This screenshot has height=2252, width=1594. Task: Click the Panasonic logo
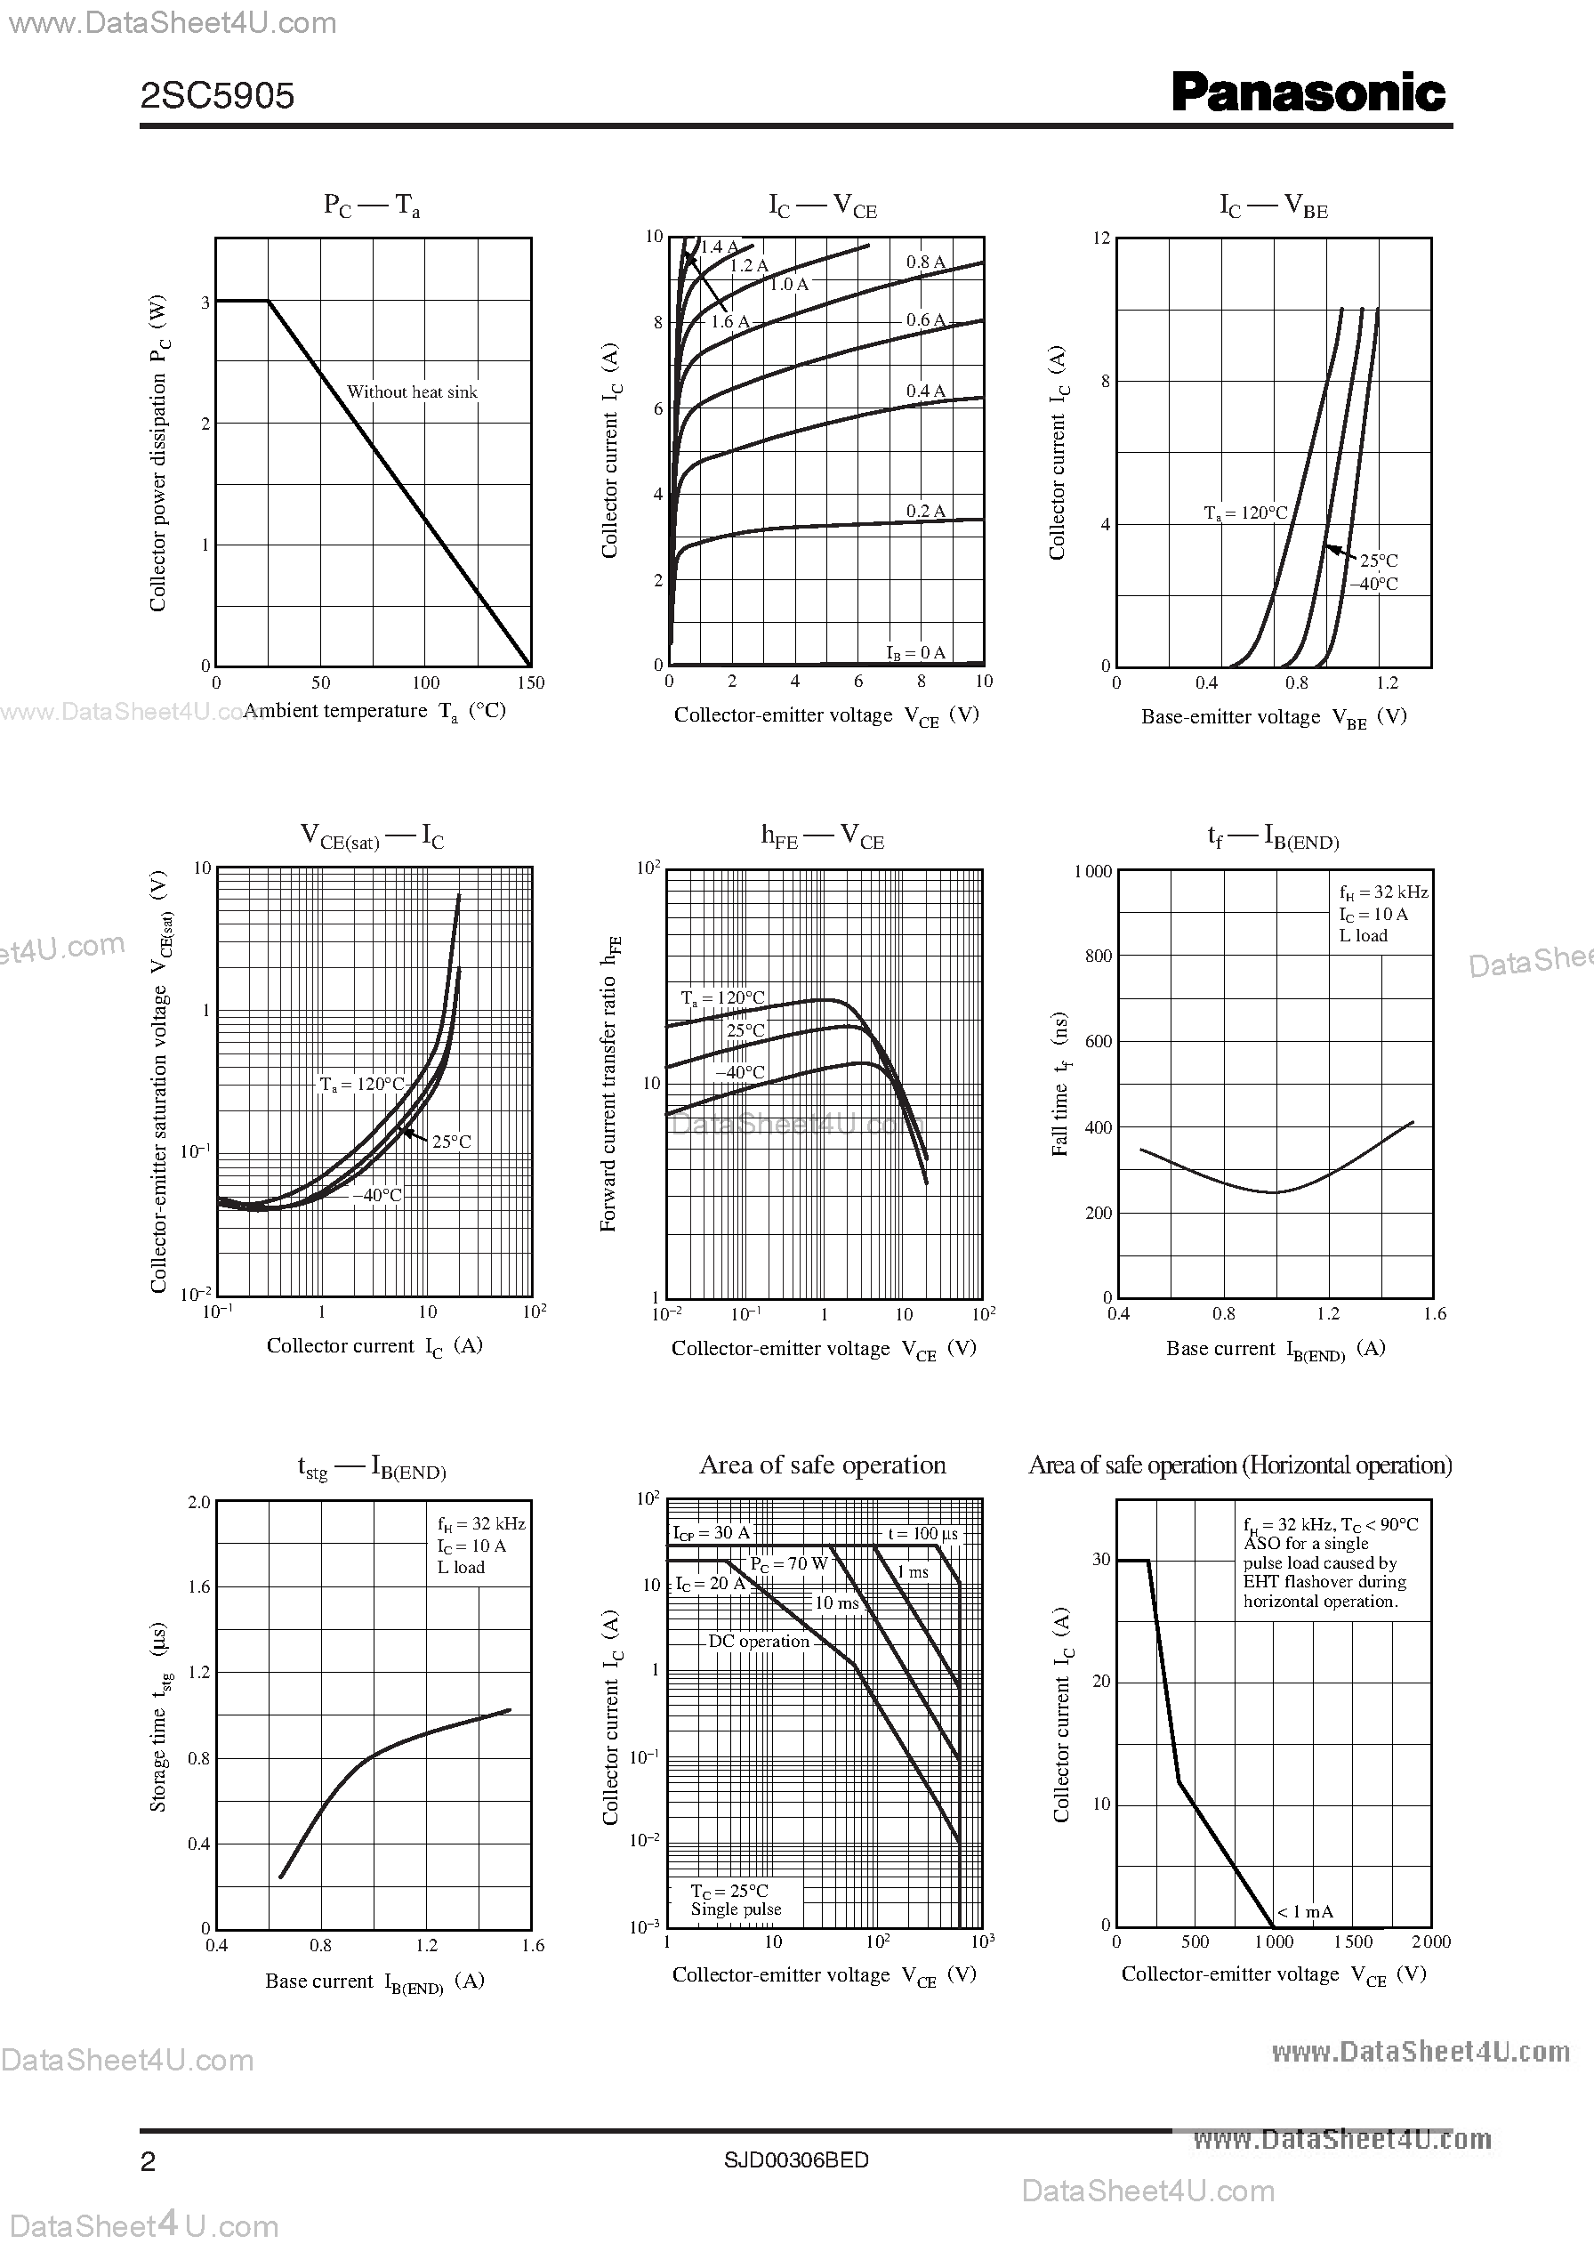point(1308,93)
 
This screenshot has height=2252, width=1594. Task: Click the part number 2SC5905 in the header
point(217,95)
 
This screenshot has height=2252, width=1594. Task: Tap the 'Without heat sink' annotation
point(411,391)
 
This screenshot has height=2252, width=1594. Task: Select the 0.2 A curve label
point(924,512)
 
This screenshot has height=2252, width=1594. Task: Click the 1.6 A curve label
point(729,321)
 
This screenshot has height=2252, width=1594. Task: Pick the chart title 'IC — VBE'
point(1273,206)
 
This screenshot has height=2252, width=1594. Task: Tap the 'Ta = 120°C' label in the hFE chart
point(722,998)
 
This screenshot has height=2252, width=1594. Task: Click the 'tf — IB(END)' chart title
point(1273,837)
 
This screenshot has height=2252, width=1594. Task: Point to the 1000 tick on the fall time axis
point(1092,871)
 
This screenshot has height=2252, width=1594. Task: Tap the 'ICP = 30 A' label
point(711,1533)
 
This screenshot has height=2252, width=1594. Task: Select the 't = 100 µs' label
point(922,1534)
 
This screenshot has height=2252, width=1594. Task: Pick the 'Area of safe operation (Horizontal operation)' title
point(1240,1465)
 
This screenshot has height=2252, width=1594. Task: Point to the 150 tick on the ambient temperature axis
point(530,683)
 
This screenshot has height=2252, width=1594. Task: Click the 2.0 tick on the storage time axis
point(199,1502)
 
